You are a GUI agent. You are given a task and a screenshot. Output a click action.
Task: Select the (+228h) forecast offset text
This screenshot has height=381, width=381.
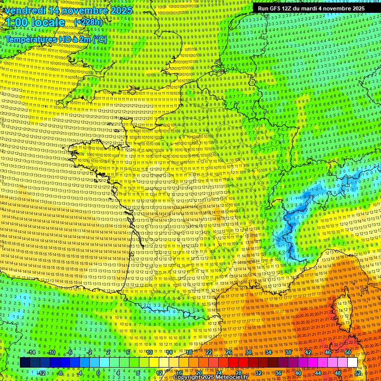pyautogui.click(x=88, y=22)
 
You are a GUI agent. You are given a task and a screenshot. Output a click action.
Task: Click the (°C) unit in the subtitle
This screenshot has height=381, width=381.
pyautogui.click(x=99, y=39)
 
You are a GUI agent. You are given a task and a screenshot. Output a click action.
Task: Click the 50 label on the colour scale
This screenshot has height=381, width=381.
pyautogui.click(x=347, y=352)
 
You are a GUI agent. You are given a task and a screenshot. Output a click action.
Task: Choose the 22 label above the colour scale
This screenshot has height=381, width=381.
pyautogui.click(x=209, y=352)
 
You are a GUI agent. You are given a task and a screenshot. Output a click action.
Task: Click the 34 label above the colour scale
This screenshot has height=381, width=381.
pyautogui.click(x=268, y=352)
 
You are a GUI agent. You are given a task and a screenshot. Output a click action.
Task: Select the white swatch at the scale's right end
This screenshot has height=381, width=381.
pyautogui.click(x=352, y=363)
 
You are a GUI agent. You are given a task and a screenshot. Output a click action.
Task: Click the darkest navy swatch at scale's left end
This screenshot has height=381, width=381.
pyautogui.click(x=25, y=363)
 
